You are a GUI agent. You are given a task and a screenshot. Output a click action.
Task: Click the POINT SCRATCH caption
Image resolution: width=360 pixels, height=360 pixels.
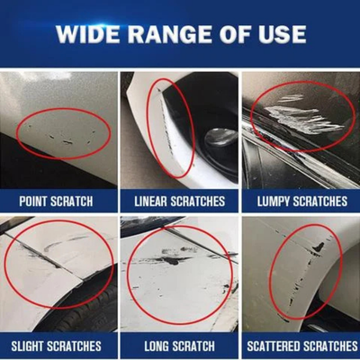pos(59,200)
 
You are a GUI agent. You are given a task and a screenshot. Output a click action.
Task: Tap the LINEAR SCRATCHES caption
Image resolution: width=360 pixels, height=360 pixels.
pos(179,200)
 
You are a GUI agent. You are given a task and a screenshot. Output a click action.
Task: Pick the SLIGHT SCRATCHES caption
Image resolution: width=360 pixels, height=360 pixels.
pos(59,345)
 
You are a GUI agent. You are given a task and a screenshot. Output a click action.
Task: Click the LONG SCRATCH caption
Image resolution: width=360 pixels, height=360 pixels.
pos(179,345)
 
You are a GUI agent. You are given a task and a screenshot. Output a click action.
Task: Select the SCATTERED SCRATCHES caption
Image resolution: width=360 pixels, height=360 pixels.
pos(300,345)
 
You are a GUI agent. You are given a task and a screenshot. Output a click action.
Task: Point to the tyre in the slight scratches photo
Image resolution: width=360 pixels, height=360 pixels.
pos(90,310)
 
